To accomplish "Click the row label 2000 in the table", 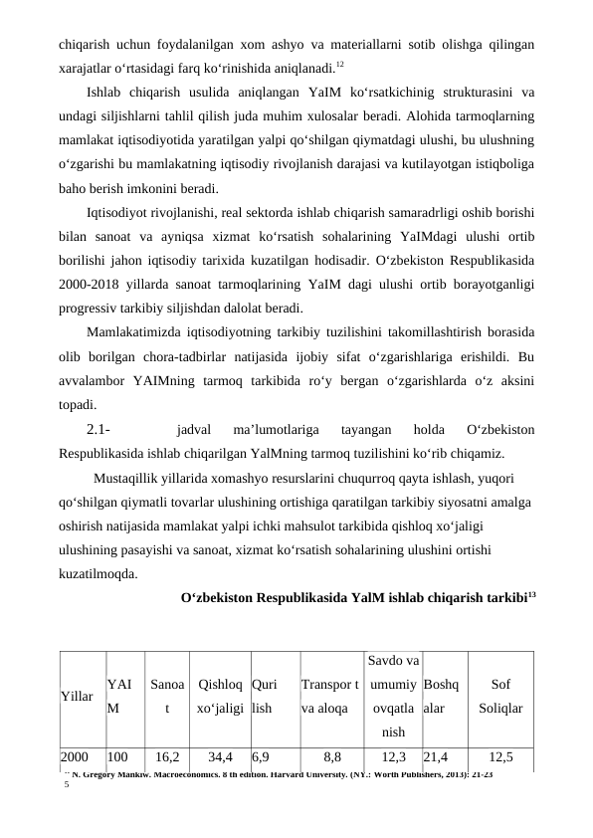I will click(74, 756).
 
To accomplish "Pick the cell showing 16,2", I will click(166, 756).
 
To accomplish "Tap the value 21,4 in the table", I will click(437, 756).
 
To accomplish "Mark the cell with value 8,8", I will click(331, 756).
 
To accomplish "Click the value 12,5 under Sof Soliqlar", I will click(501, 756).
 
